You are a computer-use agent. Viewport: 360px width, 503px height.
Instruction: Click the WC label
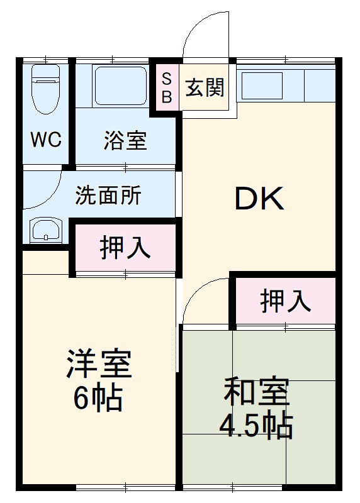[47, 140]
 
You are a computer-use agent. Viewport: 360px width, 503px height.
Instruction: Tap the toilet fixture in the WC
[46, 87]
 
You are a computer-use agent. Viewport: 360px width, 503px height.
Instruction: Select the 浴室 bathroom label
[125, 141]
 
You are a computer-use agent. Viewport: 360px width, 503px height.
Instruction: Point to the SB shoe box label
[167, 88]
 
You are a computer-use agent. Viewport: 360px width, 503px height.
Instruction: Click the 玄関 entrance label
[205, 88]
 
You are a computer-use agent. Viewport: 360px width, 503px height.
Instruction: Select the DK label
[259, 200]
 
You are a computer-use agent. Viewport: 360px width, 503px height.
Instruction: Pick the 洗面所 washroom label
[108, 196]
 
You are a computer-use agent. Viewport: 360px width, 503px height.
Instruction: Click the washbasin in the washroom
[46, 232]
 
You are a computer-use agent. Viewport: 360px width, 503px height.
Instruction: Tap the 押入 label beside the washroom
[125, 248]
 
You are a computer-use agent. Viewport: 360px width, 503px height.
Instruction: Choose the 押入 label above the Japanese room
[285, 301]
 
